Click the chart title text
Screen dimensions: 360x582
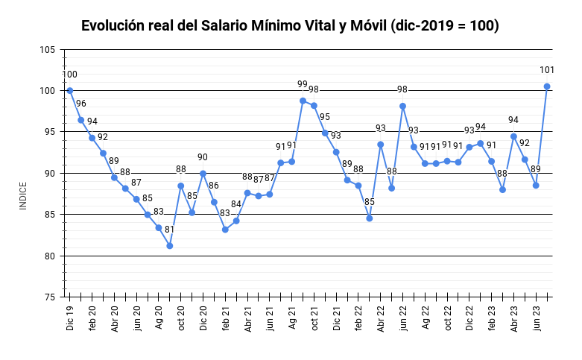tap(290, 25)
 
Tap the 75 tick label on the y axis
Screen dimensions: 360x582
tap(49, 297)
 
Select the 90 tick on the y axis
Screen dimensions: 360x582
tap(49, 174)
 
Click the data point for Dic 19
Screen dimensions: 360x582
tap(70, 90)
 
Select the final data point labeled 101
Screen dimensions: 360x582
tap(547, 86)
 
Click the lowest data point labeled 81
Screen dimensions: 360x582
tap(170, 245)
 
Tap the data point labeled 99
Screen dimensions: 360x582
tap(303, 101)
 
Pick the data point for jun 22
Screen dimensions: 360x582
tap(403, 106)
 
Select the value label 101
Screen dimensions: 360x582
tap(547, 70)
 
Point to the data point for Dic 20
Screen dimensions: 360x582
tap(203, 173)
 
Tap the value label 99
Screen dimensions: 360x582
tap(303, 84)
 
